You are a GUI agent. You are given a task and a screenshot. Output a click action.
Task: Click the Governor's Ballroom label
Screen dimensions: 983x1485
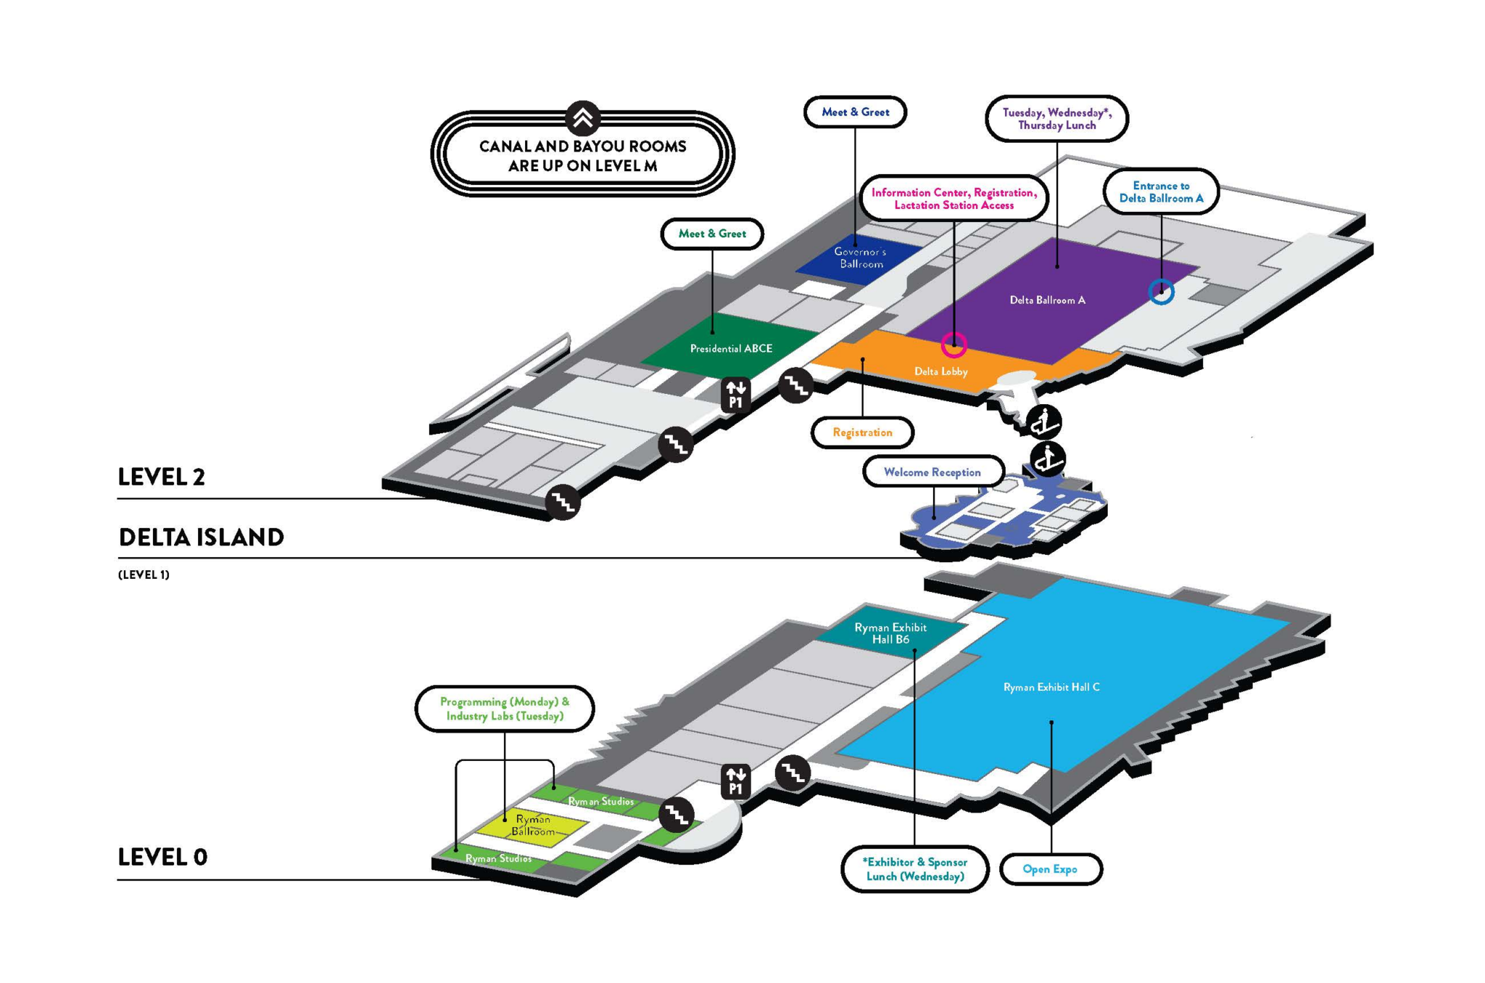pos(861,258)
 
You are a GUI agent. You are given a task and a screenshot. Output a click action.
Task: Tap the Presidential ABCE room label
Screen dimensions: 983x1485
pos(731,348)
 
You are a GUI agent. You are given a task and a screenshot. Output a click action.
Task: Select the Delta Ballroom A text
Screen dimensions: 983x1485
pos(1047,300)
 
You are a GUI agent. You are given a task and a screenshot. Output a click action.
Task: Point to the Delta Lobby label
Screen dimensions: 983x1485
pos(940,371)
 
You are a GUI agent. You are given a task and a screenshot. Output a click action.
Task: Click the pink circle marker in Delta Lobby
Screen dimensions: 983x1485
pos(954,345)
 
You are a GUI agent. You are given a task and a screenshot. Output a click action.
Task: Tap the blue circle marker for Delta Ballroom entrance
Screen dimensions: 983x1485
pos(1161,292)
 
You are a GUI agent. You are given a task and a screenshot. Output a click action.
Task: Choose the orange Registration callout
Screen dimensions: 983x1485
pos(862,432)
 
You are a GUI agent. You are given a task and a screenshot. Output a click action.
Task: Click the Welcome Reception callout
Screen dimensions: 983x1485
pos(932,472)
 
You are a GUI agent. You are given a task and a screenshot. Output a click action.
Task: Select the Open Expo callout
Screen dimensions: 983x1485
pos(1050,869)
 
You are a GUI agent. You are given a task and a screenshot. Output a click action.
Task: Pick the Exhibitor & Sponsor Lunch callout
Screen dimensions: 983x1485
pos(915,869)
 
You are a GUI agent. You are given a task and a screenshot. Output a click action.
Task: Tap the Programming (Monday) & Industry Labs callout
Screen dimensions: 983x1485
pos(505,709)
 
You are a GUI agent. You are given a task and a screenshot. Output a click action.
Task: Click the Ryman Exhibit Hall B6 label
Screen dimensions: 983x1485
pos(890,633)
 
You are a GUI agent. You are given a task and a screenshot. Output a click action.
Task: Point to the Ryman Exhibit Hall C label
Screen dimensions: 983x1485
pos(1051,687)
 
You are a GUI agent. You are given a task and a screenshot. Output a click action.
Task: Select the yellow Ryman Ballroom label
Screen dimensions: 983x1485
pos(533,825)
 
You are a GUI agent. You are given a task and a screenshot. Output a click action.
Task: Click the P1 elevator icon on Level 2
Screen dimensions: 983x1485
pos(736,395)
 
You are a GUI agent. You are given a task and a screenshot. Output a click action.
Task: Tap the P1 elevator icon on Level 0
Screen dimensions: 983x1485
pos(736,781)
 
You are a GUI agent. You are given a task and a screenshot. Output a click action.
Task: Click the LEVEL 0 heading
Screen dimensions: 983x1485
pos(162,857)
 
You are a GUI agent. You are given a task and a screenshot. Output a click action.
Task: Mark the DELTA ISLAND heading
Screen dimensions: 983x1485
pos(201,537)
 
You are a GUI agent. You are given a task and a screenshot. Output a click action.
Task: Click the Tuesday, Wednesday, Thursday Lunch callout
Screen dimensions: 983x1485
pos(1056,119)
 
